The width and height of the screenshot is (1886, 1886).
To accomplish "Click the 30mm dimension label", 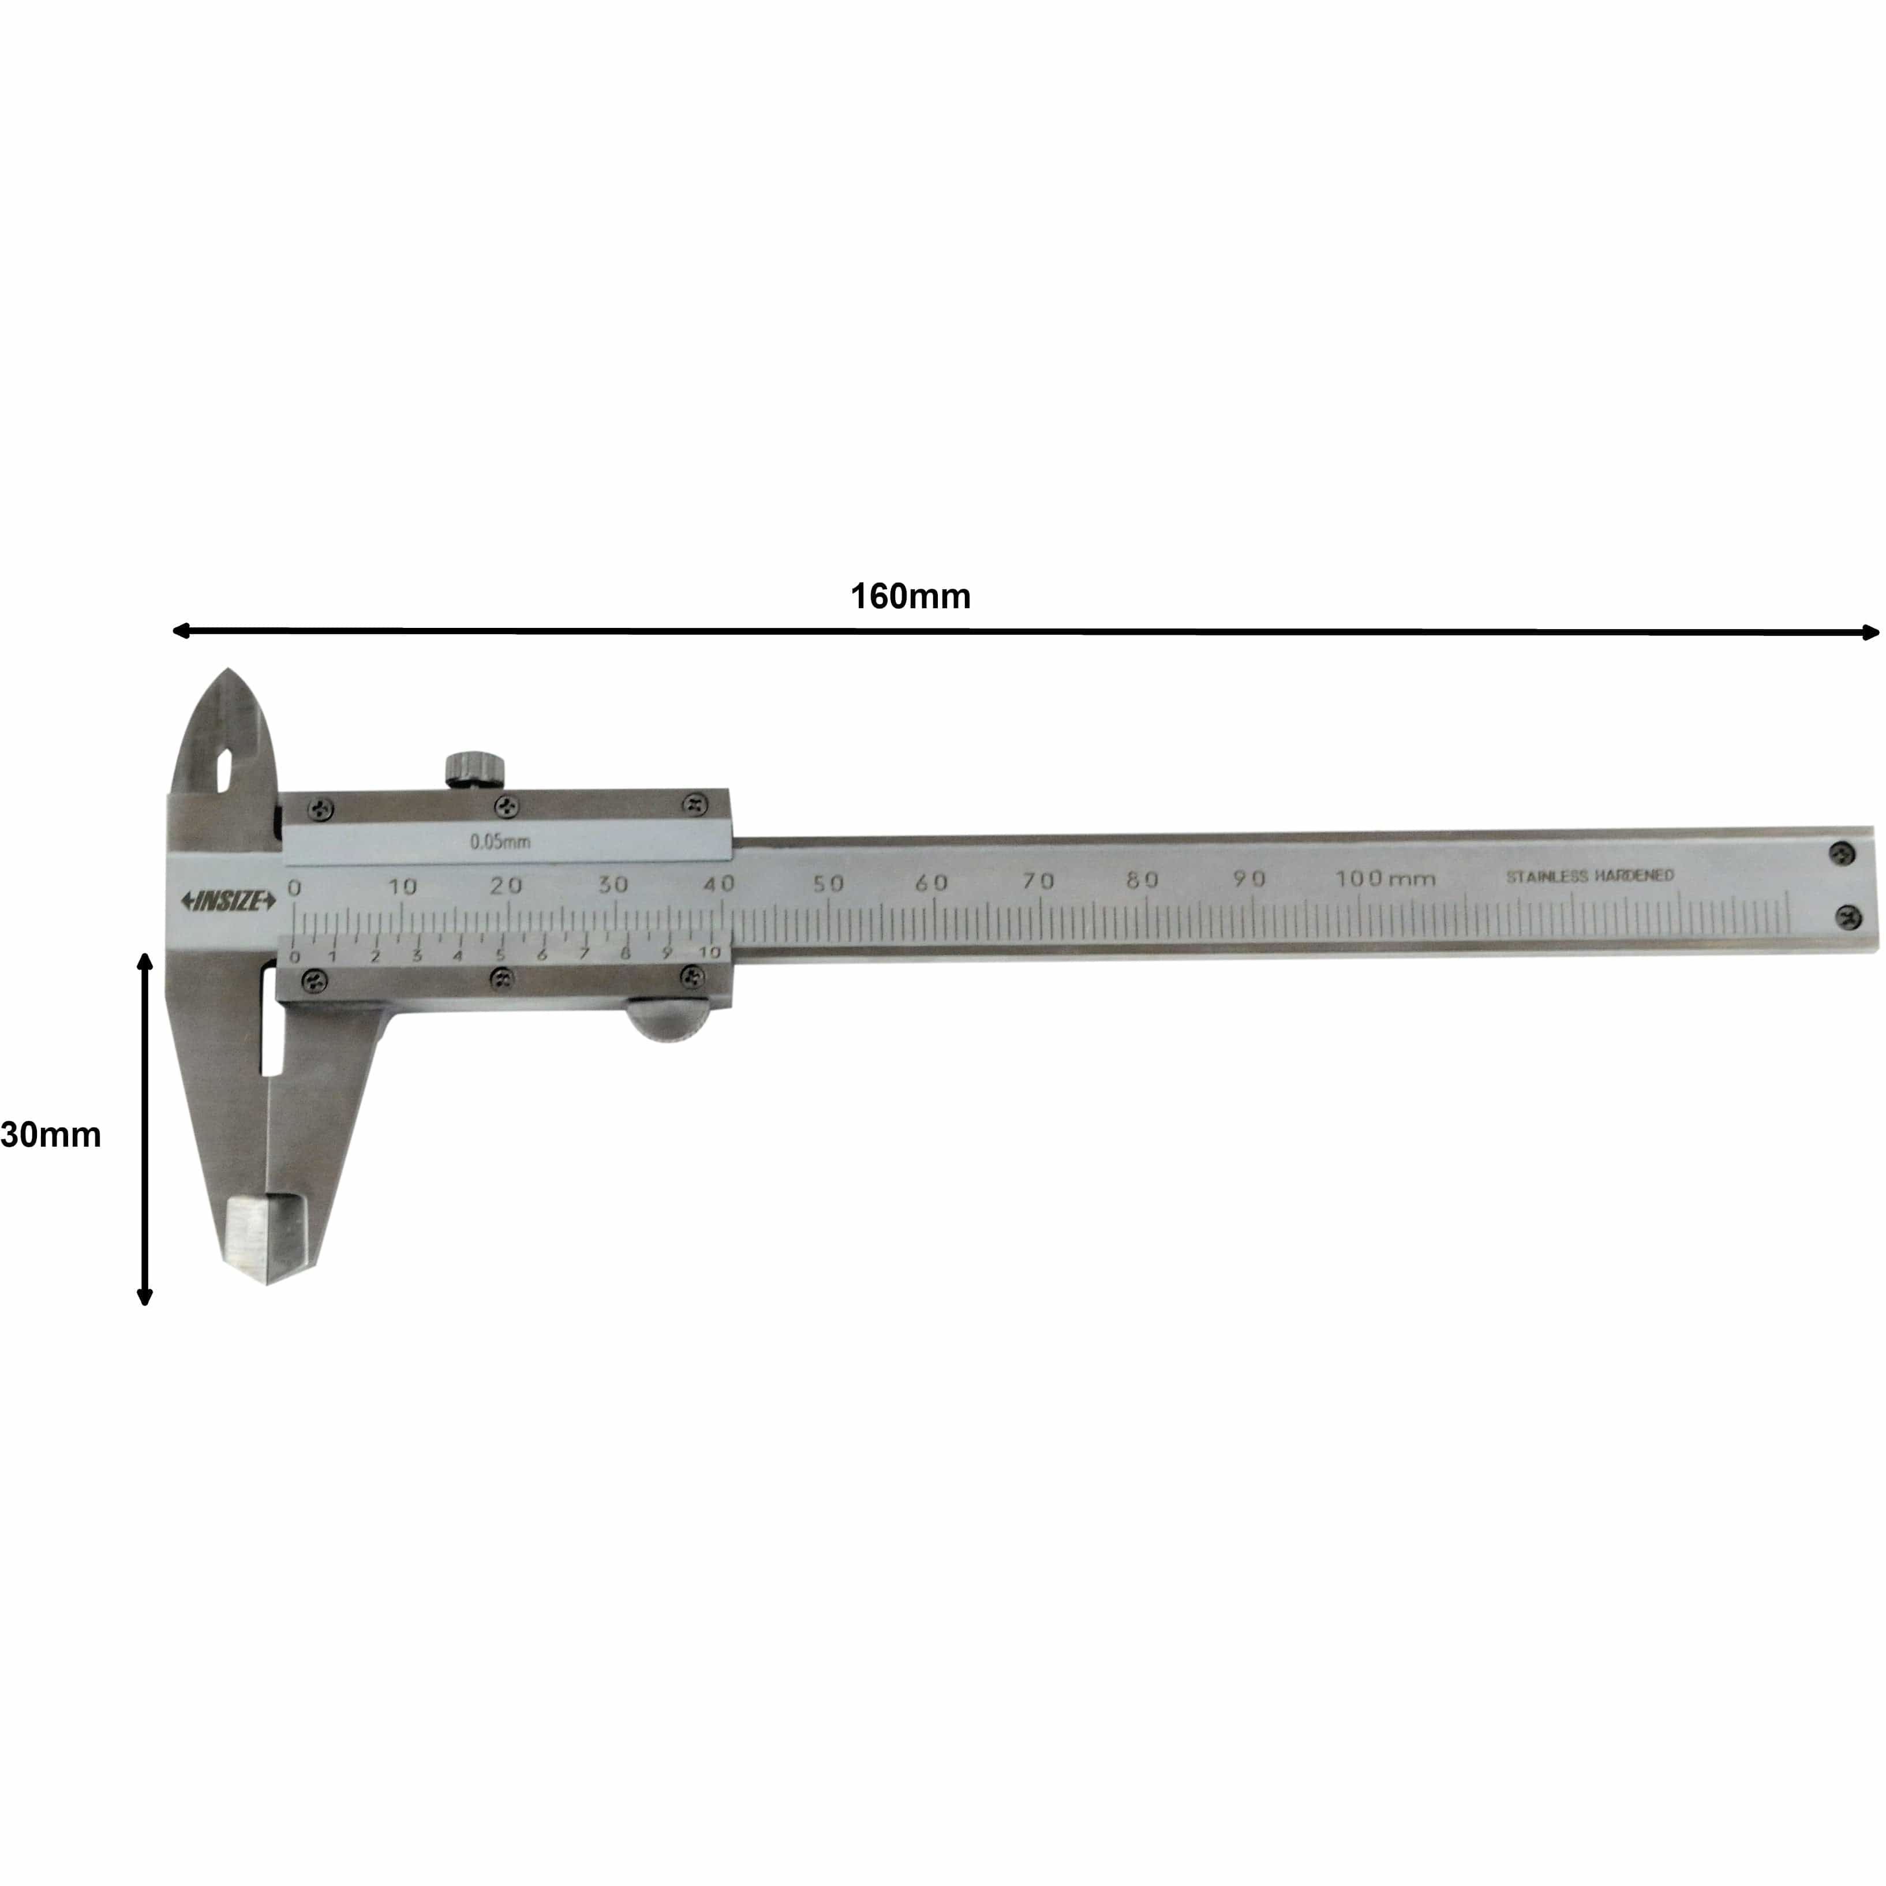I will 51,1135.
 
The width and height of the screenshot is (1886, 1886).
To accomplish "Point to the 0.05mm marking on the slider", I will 500,841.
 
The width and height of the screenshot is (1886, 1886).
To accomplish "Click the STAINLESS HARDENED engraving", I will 1589,875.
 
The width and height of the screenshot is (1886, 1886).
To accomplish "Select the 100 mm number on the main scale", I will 1385,878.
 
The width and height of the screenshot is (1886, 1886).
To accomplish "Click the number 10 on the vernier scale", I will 710,952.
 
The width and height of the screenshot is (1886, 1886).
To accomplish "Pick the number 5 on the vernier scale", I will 500,955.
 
